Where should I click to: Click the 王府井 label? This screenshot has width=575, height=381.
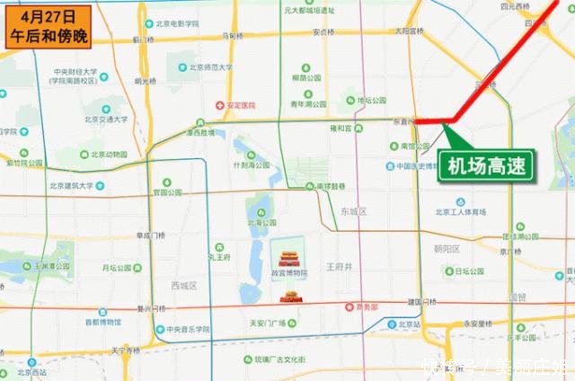point(339,267)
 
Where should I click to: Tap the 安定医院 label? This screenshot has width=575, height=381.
point(243,105)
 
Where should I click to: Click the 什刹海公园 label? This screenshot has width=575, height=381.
point(251,165)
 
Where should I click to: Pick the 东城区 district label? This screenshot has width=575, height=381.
point(356,212)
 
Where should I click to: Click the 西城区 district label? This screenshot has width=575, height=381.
point(183,286)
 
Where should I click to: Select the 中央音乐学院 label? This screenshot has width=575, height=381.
point(188,330)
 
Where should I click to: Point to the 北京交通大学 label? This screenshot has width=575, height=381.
point(107,118)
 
